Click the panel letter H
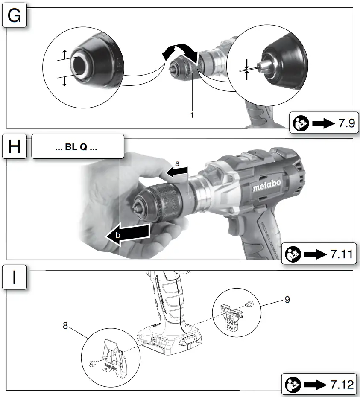[15, 147]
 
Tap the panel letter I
[15, 277]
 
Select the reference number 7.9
[346, 124]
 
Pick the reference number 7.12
[342, 385]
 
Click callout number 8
[65, 326]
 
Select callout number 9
[287, 300]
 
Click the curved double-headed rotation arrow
[180, 52]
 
